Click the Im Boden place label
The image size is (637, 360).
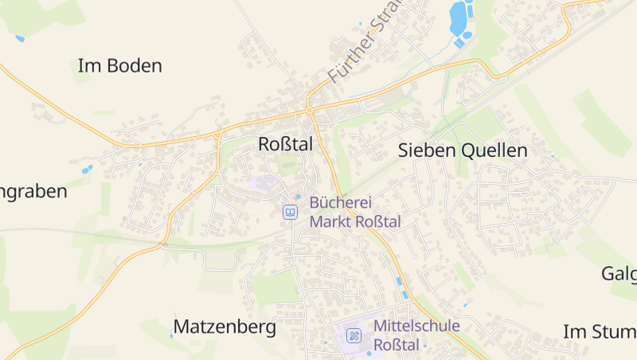119,66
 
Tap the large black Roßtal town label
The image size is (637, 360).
286,144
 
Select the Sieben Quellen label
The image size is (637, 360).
462,150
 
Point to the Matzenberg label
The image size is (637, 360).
225,327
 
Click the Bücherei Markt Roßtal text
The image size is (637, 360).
355,212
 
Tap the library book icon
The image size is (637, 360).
291,212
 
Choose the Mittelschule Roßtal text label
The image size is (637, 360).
416,335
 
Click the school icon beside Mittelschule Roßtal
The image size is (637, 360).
353,335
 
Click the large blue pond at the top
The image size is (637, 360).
458,18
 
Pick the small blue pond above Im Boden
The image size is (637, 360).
20,37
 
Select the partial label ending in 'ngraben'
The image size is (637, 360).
33,191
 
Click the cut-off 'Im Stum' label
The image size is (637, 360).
599,331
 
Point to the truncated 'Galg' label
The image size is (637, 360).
618,274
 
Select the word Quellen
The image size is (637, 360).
496,150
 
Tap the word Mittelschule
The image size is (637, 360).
416,325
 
